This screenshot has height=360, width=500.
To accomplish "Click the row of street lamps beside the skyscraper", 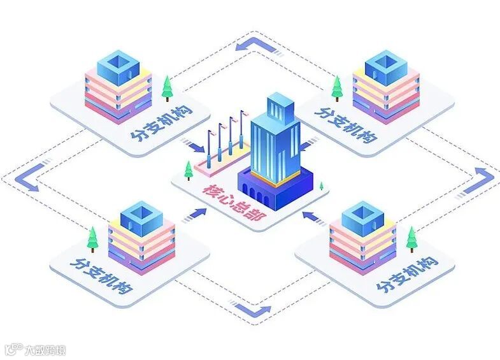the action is tap(226, 137).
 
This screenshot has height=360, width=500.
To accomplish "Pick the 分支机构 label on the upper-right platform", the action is tap(345, 120).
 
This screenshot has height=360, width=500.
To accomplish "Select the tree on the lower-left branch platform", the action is tap(94, 239).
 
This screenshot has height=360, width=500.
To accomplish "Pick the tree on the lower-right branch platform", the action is tap(413, 240).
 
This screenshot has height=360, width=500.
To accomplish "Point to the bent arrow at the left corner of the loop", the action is tap(32, 175).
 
